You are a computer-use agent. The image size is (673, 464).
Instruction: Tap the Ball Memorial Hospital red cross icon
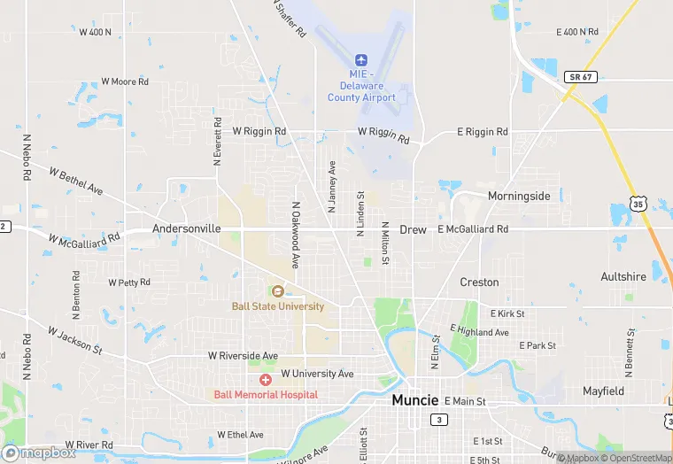pos(265,379)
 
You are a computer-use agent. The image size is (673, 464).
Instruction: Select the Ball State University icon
pos(277,291)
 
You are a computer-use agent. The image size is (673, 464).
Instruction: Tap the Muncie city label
pos(415,400)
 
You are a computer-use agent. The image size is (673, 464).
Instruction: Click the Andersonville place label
pos(186,228)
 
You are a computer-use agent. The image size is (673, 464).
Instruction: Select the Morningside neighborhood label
pos(519,196)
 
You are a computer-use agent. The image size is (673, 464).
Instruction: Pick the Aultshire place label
pos(623,277)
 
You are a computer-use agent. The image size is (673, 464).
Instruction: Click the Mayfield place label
pos(603,391)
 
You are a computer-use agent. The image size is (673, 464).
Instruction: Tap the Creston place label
pos(479,282)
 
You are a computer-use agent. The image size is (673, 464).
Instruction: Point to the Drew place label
pos(413,229)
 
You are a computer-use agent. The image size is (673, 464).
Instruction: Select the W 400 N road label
pos(96,32)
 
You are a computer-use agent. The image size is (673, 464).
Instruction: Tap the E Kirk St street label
pos(507,313)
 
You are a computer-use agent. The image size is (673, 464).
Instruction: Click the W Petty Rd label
pos(129,282)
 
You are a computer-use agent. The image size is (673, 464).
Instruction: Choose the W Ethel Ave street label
pos(240,435)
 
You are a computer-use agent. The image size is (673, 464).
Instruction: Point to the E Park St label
pos(538,345)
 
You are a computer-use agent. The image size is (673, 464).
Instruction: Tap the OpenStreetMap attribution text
pos(635,458)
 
